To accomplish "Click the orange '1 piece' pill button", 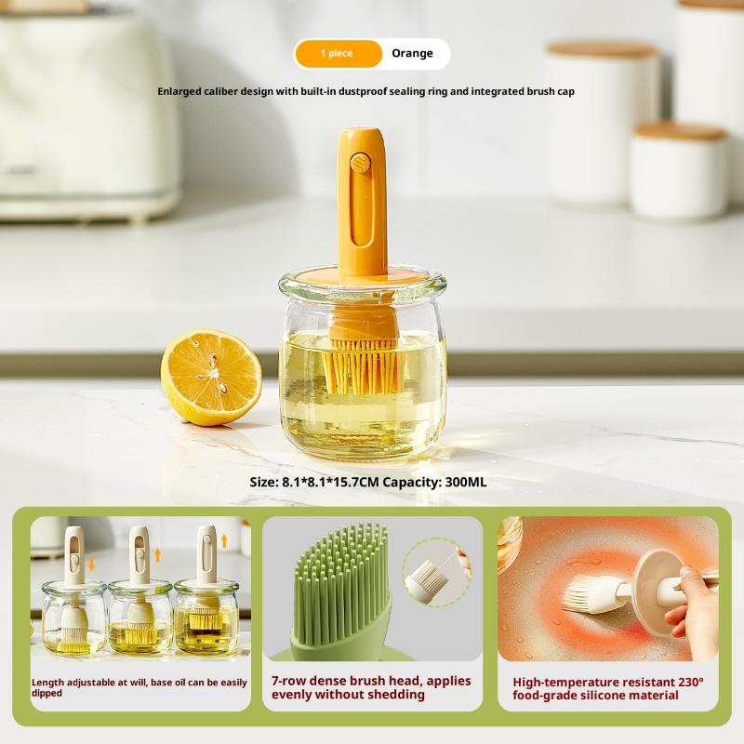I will pos(338,54).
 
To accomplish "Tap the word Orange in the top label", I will pos(412,54).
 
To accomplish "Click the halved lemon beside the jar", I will pos(211,376).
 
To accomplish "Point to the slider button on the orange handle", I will pos(361,164).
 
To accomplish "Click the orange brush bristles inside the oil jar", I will pos(363,367).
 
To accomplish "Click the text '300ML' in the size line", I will pos(466,482).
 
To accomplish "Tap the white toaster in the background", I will pos(88,112).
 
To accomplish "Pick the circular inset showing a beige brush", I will pos(435,572).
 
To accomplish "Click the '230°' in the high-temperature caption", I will pos(687,681).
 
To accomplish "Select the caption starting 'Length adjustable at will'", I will pos(139,686).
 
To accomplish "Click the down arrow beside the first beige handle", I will pos(91,565).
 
